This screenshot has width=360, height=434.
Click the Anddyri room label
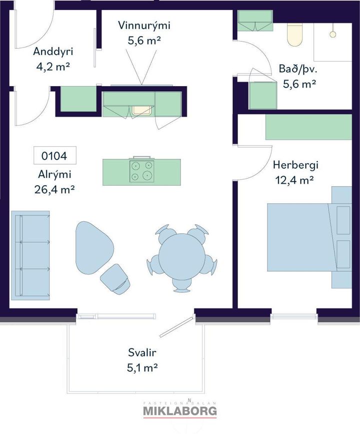click(x=53, y=52)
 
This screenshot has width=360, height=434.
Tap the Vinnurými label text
click(x=144, y=25)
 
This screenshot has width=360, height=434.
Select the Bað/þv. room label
click(x=298, y=69)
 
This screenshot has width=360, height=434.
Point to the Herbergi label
click(x=295, y=165)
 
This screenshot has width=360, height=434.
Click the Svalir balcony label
click(x=142, y=352)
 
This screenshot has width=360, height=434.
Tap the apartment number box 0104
click(x=54, y=156)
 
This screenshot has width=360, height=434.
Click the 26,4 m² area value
click(x=54, y=190)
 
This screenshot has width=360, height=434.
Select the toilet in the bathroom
click(x=295, y=35)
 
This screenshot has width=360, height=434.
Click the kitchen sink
click(x=142, y=110)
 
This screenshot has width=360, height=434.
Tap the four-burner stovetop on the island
click(x=142, y=171)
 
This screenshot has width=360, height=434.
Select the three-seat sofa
click(x=30, y=255)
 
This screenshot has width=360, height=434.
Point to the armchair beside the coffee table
click(x=115, y=278)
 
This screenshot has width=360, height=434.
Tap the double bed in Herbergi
click(x=309, y=237)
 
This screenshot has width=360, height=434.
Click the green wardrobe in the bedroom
click(x=308, y=127)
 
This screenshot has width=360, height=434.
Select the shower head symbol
click(x=333, y=34)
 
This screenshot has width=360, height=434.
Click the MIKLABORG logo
click(x=179, y=410)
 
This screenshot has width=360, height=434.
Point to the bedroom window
click(x=293, y=316)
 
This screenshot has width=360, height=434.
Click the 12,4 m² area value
click(x=294, y=180)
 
